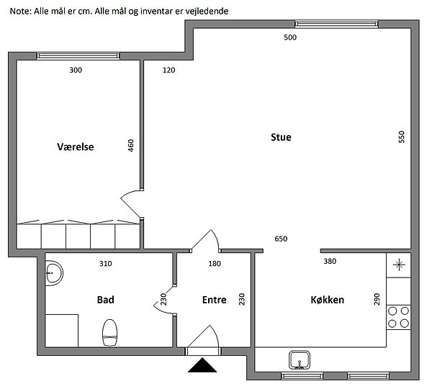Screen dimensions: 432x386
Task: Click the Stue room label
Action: tap(281, 137)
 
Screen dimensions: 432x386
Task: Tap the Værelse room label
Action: tap(75, 147)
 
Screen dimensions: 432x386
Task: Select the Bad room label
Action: tap(106, 300)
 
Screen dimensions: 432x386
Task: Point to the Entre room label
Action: tap(214, 300)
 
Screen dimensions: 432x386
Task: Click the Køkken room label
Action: tap(328, 300)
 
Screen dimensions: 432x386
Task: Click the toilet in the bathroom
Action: tap(110, 333)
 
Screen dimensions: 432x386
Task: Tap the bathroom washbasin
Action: tap(54, 273)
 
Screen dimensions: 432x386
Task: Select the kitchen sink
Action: tap(300, 360)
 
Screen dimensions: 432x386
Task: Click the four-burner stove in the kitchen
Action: tap(398, 317)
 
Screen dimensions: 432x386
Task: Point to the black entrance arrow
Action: tap(202, 365)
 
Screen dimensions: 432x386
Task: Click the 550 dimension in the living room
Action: tap(402, 137)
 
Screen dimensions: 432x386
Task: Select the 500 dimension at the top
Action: tap(290, 37)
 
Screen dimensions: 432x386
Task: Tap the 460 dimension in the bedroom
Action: tap(130, 145)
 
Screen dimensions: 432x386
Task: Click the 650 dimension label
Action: tap(281, 239)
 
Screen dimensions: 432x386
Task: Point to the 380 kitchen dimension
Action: tap(330, 261)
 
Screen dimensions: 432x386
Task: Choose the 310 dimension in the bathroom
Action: tap(106, 264)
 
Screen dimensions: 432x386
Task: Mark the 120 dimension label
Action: tap(168, 70)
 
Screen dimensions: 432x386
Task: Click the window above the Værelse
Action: tap(78, 56)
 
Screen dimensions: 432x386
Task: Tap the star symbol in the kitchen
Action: tap(399, 265)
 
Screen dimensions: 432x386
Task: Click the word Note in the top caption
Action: tap(20, 12)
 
